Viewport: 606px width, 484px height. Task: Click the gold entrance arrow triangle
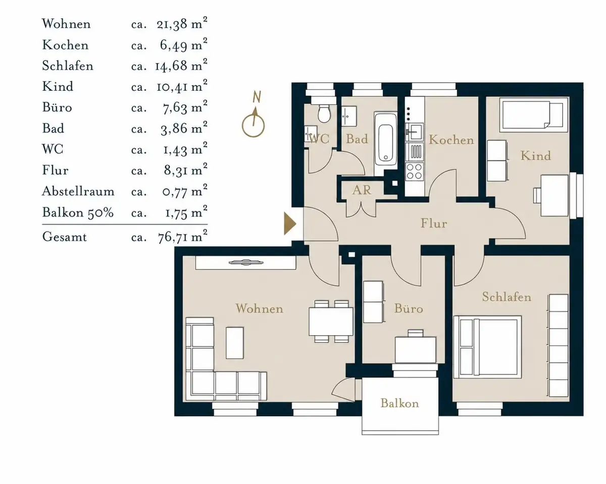[x=289, y=224]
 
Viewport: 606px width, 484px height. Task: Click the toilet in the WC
[x=324, y=114]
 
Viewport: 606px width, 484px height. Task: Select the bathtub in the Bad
[x=385, y=143]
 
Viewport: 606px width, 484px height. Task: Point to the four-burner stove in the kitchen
[x=415, y=172]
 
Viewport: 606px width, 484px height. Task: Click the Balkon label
[x=399, y=403]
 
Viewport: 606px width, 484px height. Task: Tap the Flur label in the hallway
[x=434, y=224]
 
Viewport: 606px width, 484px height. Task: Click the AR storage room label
[x=362, y=190]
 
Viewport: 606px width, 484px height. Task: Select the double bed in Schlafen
[x=487, y=347]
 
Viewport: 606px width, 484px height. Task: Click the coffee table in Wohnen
[x=235, y=343]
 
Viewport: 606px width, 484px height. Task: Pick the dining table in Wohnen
[x=331, y=321]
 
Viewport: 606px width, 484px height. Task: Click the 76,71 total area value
[x=172, y=237]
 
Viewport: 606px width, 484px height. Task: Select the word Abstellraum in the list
[x=78, y=191]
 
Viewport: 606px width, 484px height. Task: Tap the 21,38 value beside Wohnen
[x=172, y=24]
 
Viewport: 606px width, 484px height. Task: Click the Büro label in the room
[x=409, y=308]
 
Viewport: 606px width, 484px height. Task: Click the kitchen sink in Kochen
[x=415, y=132]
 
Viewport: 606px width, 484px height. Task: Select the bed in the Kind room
[x=534, y=114]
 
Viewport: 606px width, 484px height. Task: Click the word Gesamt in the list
[x=65, y=237]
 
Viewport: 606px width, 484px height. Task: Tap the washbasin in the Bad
[x=349, y=116]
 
